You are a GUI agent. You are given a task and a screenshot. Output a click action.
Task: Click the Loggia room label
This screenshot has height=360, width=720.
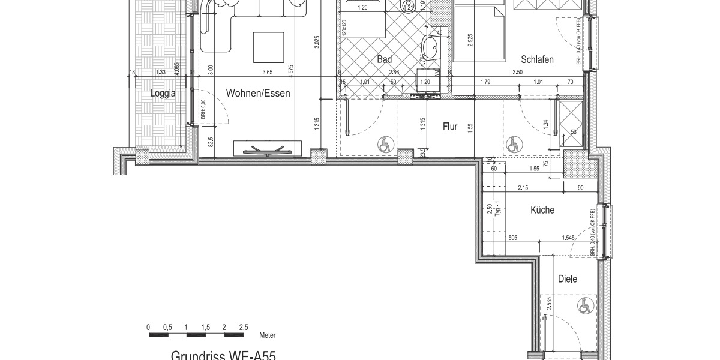tap(163, 94)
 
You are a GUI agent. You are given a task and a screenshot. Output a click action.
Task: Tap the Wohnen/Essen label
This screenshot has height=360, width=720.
tap(258, 94)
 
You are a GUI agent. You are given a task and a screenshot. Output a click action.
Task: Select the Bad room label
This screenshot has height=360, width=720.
tap(385, 59)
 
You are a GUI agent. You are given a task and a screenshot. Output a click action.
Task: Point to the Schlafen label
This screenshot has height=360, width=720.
tap(537, 59)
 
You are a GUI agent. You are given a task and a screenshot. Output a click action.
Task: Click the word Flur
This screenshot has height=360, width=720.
tap(451, 127)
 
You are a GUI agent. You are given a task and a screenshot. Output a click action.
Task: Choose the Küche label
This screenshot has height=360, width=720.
tap(542, 211)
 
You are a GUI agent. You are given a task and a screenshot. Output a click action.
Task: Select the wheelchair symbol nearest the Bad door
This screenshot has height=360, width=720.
tap(385, 144)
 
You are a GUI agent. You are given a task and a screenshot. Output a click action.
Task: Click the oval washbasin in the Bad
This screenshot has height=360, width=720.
tap(430, 46)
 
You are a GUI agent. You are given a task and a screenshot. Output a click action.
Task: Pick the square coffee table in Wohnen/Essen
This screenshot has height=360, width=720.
tap(268, 46)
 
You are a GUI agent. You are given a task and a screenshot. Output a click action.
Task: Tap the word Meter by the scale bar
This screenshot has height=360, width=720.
tap(268, 335)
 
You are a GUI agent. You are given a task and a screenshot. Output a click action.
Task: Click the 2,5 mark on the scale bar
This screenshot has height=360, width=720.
tap(243, 327)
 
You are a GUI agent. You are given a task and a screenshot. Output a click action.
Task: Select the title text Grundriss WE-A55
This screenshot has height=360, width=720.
tap(223, 355)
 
